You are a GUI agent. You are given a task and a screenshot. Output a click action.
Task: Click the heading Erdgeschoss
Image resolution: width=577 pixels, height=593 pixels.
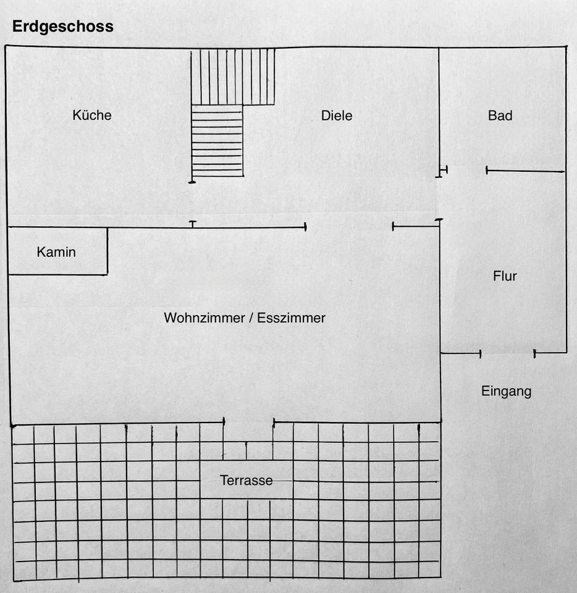[x=62, y=27]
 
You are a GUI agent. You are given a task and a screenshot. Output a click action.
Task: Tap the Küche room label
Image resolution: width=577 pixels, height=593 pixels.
[x=92, y=115]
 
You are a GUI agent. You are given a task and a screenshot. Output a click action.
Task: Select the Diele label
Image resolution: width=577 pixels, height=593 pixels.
[x=337, y=116]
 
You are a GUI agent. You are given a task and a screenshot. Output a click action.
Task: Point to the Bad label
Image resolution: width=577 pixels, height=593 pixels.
[x=500, y=116]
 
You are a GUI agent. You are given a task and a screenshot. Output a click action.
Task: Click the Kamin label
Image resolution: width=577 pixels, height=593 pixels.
[x=56, y=252]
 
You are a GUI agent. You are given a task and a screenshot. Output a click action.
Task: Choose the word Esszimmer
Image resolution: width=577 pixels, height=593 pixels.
[x=292, y=318]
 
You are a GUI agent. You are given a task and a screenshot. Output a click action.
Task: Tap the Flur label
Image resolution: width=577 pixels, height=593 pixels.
[x=505, y=276]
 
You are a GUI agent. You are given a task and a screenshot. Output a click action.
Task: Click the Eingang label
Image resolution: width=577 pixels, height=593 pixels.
[x=506, y=391]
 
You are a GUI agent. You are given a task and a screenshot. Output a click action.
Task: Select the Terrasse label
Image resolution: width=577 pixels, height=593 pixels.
[x=246, y=481]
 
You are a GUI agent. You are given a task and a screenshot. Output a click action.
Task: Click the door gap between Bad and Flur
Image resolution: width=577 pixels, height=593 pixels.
[x=466, y=170]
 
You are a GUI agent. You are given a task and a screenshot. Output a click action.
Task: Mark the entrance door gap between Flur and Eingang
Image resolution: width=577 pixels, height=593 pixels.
[x=507, y=353]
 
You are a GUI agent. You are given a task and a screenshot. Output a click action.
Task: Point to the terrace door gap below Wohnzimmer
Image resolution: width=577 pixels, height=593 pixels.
[x=249, y=423]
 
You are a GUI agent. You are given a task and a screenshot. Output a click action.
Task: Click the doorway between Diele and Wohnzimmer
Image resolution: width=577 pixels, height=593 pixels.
[x=349, y=227]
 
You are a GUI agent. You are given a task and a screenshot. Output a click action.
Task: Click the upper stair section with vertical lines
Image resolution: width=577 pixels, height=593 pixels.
[x=233, y=77]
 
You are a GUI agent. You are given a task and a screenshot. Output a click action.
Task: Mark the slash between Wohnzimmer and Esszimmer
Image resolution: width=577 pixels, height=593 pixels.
[x=251, y=318]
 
